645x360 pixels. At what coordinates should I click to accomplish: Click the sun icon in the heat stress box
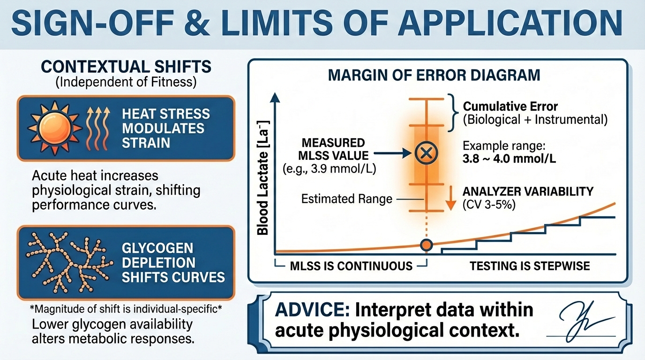coord(55,127)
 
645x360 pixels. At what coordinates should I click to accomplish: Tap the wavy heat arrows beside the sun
coord(98,128)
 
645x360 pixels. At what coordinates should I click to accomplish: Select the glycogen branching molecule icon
coord(69,262)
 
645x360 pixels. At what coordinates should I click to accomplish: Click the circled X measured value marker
coord(427,153)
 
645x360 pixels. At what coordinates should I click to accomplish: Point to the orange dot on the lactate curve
coord(427,245)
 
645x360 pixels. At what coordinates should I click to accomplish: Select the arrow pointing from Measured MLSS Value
coord(392,153)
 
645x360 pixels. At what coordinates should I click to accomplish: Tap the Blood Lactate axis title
coord(262,178)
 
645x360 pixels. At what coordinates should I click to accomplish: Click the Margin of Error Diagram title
coord(434,75)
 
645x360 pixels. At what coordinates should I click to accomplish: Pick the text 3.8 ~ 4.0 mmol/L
coord(509,159)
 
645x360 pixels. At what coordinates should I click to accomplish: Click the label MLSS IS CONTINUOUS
coord(351,266)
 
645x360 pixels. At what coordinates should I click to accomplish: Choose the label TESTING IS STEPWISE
coord(530,266)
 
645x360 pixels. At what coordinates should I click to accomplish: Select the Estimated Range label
coord(347,199)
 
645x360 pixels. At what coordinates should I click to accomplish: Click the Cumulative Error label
coord(510,107)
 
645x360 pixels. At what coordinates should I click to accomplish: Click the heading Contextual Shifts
coord(126,67)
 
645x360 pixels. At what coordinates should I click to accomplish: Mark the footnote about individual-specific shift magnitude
coord(126,309)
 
